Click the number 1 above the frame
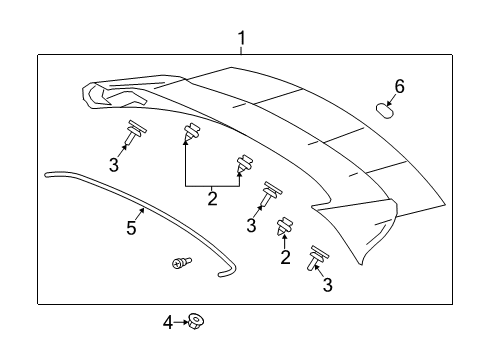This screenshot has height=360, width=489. [x=241, y=39]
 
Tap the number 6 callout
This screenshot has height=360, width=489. [x=399, y=87]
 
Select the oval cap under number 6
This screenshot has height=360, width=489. [x=384, y=109]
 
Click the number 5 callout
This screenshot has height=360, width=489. [x=131, y=228]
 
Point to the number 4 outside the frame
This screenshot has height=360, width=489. [x=167, y=321]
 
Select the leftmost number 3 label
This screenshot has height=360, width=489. [x=115, y=165]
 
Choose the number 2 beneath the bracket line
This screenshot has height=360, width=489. [x=211, y=198]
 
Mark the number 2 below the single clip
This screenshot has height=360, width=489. [x=285, y=258]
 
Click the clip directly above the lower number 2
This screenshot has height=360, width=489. [x=284, y=228]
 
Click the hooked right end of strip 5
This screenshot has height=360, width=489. [x=229, y=269]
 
